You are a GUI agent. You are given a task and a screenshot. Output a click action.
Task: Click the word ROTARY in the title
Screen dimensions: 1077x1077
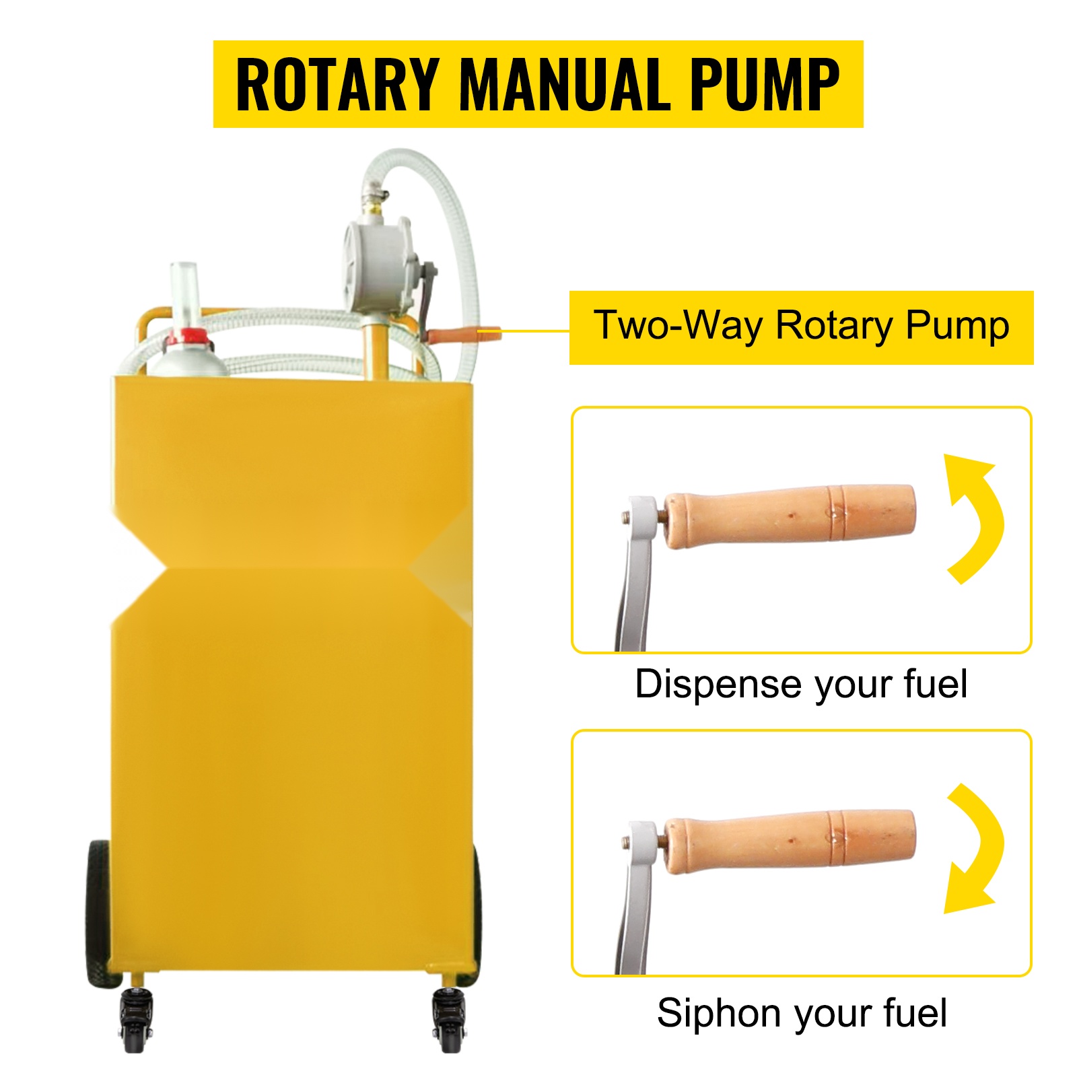pos(337,84)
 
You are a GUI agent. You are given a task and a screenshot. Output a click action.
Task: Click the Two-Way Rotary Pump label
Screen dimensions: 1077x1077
pos(801,327)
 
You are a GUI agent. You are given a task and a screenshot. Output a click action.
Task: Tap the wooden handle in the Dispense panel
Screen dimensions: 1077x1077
pos(789,516)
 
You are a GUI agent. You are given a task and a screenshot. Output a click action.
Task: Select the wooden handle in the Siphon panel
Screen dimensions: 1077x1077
pos(789,841)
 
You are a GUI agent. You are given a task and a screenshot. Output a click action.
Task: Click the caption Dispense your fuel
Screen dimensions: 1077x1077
pos(801,685)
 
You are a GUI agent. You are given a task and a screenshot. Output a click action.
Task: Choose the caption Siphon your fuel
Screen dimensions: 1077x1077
pos(802,1013)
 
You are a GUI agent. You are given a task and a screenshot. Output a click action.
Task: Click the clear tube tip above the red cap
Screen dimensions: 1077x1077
pos(182,293)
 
